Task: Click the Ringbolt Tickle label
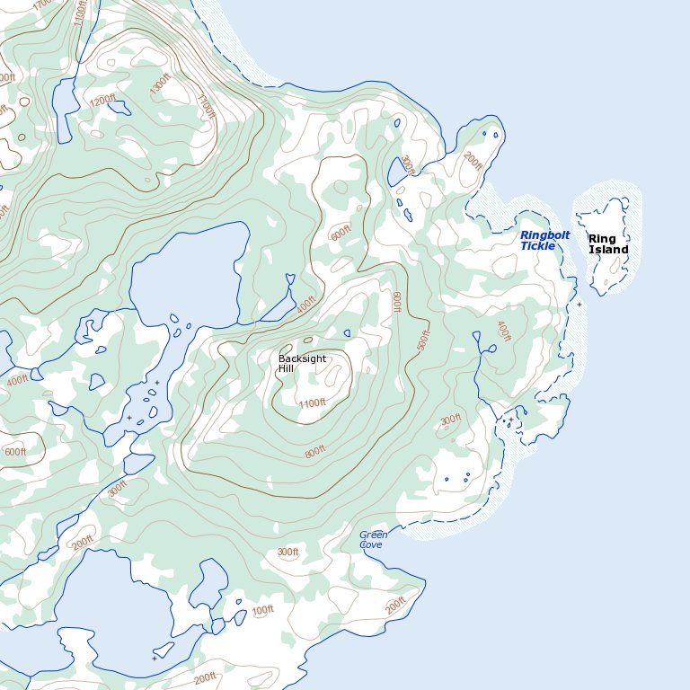544,240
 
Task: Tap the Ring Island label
608,243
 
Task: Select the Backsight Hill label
302,363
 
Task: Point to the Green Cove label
373,539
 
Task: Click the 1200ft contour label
103,100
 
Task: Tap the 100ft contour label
262,611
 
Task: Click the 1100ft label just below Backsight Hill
312,403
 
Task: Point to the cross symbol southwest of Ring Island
579,305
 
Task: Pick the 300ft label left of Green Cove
287,552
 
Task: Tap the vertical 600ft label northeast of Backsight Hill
395,302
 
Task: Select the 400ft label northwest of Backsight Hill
305,305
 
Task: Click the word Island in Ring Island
608,250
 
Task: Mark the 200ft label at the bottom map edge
205,677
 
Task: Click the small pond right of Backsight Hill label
347,333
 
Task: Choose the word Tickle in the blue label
538,246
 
